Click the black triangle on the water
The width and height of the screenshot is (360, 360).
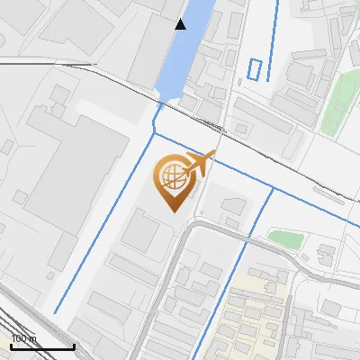(x=181, y=24)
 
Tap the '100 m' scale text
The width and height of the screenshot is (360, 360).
(x=24, y=338)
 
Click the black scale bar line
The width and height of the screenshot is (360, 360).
(x=42, y=347)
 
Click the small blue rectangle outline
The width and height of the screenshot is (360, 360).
(x=257, y=69)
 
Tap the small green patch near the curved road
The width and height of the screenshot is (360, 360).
(x=285, y=238)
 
